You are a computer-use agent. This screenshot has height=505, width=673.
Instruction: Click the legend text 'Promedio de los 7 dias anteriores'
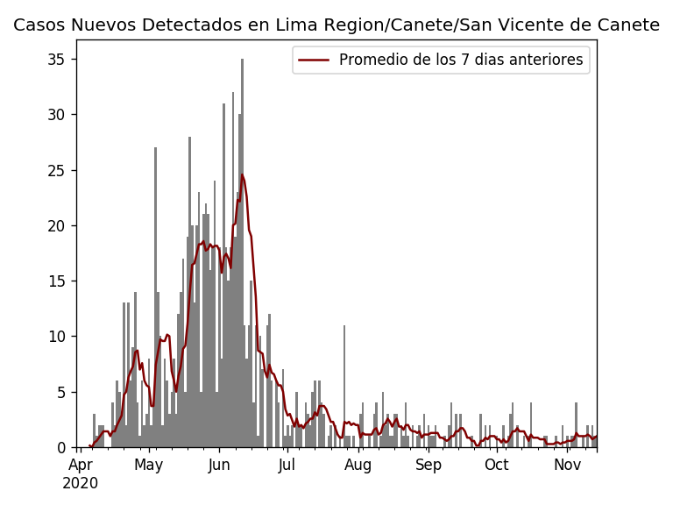pyautogui.click(x=461, y=60)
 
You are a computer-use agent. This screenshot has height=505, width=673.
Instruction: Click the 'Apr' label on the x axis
pyautogui.click(x=81, y=465)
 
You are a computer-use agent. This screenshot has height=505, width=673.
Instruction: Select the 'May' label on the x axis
pyautogui.click(x=149, y=465)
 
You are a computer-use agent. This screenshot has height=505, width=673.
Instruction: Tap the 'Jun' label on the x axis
pyautogui.click(x=218, y=465)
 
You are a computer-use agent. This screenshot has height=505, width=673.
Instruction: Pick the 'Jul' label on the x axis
pyautogui.click(x=287, y=465)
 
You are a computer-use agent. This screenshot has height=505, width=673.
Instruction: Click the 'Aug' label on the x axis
pyautogui.click(x=358, y=465)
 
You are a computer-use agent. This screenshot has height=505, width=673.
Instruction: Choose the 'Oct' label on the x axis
pyautogui.click(x=497, y=465)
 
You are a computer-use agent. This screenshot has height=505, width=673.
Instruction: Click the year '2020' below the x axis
pyautogui.click(x=81, y=483)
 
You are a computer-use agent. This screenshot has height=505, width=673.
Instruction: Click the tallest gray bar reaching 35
pyautogui.click(x=242, y=254)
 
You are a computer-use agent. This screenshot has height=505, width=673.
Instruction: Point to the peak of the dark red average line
pyautogui.click(x=242, y=174)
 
